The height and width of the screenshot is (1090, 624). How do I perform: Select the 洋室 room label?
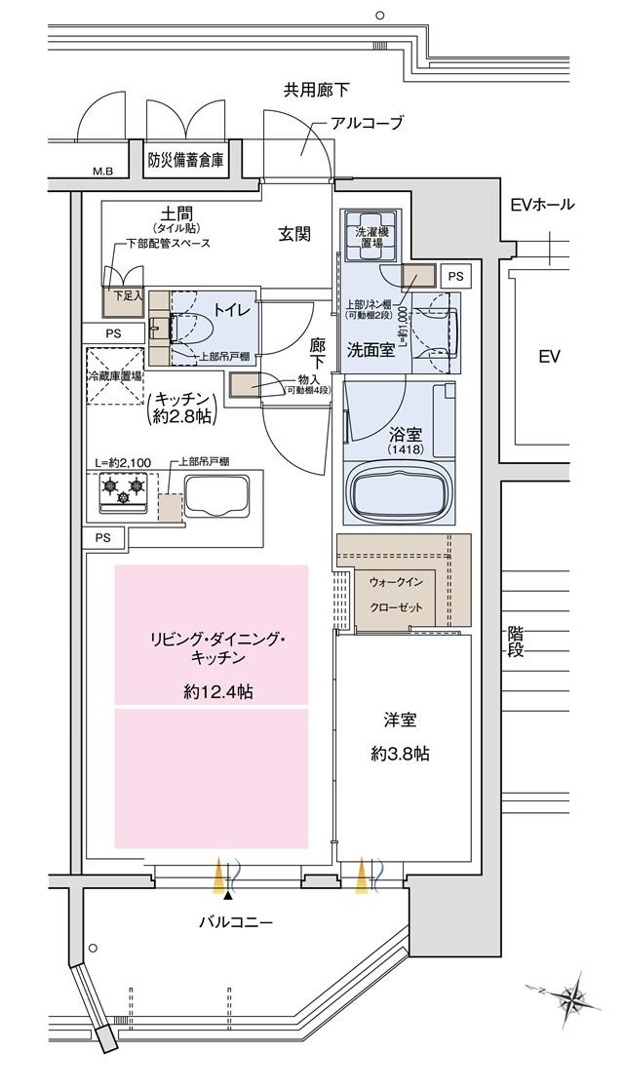[x=400, y=721]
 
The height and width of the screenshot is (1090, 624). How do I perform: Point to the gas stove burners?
[x=123, y=490]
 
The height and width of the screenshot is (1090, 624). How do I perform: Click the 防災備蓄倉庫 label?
[x=185, y=160]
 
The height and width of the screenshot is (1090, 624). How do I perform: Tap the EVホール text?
[x=542, y=205]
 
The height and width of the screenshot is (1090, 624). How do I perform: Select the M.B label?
[x=102, y=173]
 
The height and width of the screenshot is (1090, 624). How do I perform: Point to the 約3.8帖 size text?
[x=400, y=754]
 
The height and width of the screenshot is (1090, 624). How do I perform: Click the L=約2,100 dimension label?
[x=124, y=461]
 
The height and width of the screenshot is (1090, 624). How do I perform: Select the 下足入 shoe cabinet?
[x=121, y=301]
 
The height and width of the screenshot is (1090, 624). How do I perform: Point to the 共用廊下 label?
[x=316, y=91]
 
